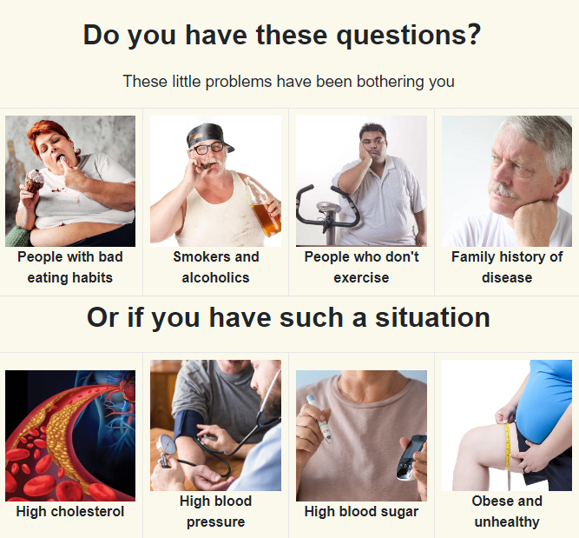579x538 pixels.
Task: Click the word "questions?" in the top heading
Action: coord(409,36)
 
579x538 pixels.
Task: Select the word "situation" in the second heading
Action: coord(432,317)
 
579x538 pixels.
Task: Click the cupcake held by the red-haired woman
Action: coord(35,181)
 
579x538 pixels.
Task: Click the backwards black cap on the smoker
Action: coord(209,136)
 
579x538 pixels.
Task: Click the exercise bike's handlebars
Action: coord(326,207)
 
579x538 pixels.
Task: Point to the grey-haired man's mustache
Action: coord(502,189)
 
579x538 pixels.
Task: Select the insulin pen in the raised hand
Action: coord(319,418)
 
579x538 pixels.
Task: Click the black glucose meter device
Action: coord(411,458)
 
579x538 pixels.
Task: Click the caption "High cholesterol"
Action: coord(70,512)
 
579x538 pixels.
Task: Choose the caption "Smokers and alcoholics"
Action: coord(216,267)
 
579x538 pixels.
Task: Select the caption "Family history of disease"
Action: coord(507,267)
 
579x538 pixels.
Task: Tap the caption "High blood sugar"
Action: coord(361,512)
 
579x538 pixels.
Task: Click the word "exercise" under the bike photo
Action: coord(361,277)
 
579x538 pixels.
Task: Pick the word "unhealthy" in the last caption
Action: coord(507,522)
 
